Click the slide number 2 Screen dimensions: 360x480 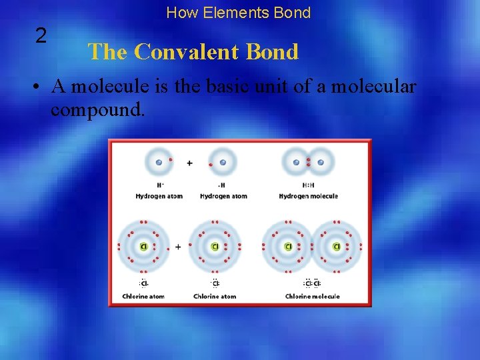click(41, 36)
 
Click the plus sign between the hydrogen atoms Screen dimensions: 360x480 click(189, 163)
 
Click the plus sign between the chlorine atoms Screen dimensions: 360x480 click(178, 247)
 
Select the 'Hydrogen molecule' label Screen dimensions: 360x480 click(308, 196)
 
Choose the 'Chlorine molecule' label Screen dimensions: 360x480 click(312, 296)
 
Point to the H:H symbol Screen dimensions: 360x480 click(309, 185)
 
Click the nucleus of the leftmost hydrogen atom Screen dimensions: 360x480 click(159, 162)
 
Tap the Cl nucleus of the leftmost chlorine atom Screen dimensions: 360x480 click(143, 247)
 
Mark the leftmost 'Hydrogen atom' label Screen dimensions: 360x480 click(159, 196)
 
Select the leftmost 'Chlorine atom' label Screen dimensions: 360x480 click(144, 296)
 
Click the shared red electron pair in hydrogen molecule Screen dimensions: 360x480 click(309, 162)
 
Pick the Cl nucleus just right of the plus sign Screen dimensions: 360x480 click(215, 247)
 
